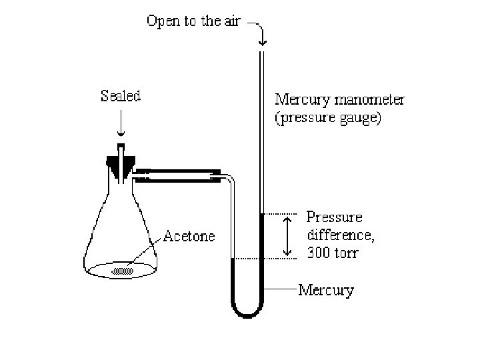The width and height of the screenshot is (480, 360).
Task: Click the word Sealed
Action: coord(121,96)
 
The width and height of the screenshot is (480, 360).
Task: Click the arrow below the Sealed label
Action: coord(121,126)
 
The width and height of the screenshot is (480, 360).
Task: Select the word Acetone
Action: coord(189,237)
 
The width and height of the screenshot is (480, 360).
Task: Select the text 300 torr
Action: coord(340,253)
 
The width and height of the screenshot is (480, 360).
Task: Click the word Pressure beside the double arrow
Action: coord(335,217)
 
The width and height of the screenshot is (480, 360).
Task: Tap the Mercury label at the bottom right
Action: coord(326,290)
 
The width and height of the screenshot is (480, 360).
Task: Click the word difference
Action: coord(341,235)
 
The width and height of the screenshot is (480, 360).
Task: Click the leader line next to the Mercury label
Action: coord(281,290)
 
